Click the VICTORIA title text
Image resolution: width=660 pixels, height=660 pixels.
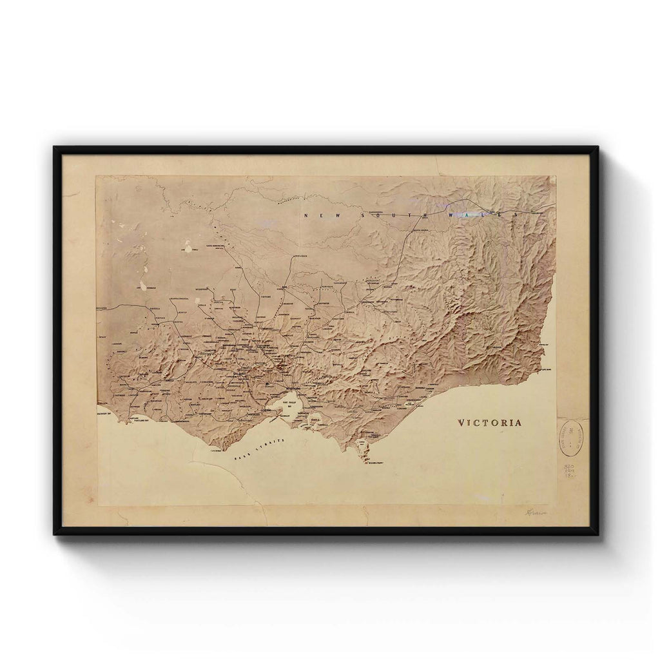[489, 423]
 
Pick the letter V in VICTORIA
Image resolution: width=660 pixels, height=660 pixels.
[461, 423]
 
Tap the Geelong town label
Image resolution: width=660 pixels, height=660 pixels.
[265, 410]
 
